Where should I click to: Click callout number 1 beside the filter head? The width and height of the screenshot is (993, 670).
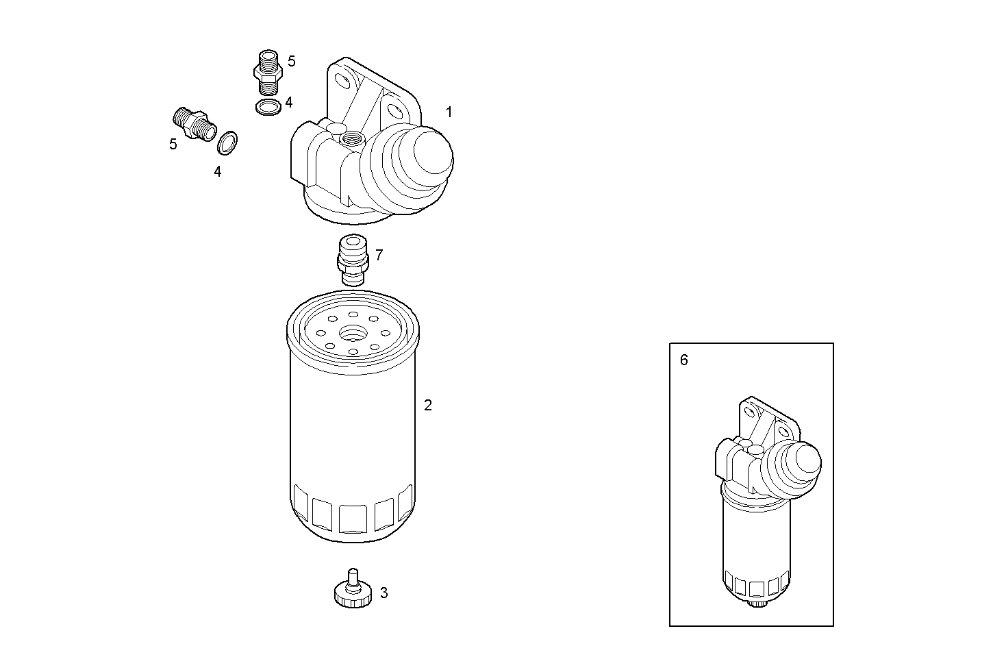click(x=449, y=112)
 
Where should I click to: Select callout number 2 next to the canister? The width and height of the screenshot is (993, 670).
click(x=428, y=405)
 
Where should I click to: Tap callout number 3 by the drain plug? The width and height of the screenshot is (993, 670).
click(x=384, y=593)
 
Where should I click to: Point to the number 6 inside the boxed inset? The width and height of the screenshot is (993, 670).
click(x=684, y=360)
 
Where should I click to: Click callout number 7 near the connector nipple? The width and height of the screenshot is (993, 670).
click(x=379, y=256)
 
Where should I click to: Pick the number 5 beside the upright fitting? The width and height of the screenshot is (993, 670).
click(x=292, y=61)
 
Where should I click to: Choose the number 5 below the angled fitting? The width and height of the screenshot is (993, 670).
click(x=173, y=144)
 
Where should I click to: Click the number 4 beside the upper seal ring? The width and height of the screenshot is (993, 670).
click(x=289, y=102)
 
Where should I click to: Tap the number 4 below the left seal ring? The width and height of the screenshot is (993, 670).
click(x=217, y=172)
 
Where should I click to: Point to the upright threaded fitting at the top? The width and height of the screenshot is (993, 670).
click(x=267, y=71)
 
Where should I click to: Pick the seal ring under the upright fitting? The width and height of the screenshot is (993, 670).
click(x=268, y=108)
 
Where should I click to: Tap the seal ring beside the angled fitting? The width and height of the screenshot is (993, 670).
click(x=228, y=142)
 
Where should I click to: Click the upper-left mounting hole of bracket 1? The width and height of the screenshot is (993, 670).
click(x=343, y=82)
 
